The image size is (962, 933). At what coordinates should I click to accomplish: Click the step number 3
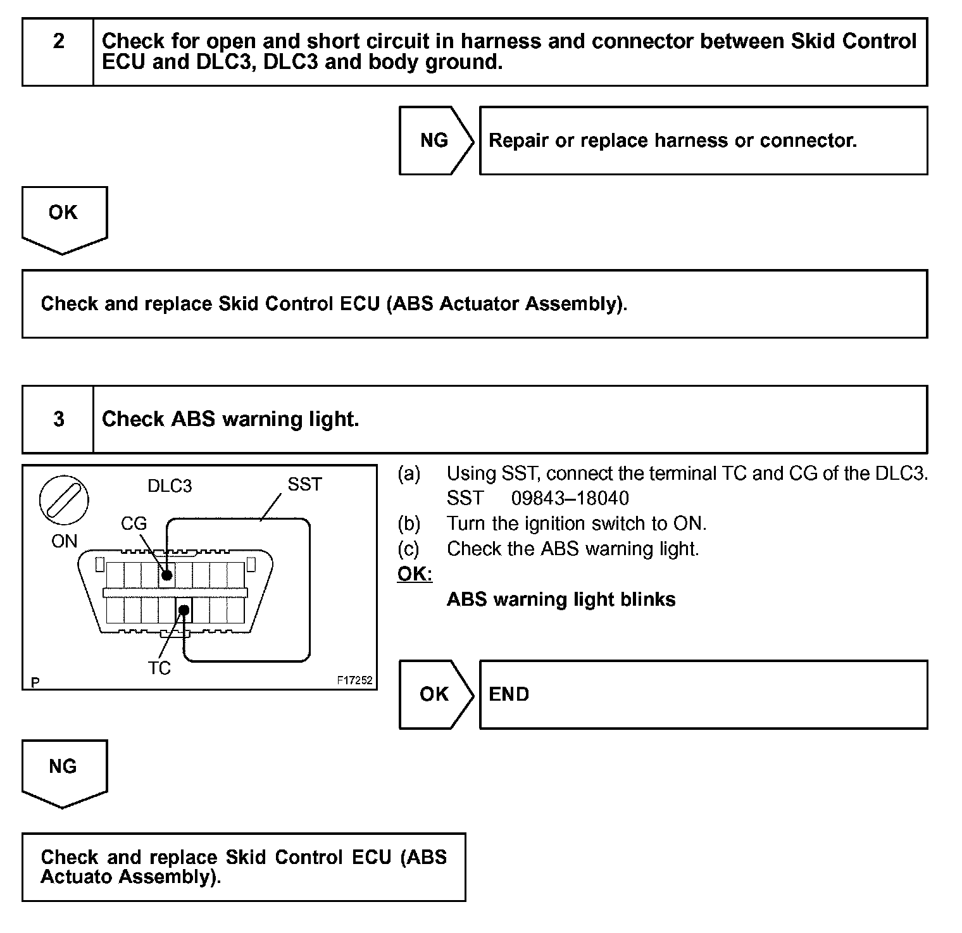(x=58, y=419)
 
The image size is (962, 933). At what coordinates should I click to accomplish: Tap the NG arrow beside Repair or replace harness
(x=435, y=141)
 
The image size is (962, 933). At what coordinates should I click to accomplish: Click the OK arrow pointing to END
(x=435, y=694)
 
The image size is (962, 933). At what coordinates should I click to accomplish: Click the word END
(x=509, y=694)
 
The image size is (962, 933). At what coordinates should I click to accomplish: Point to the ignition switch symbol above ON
(x=64, y=501)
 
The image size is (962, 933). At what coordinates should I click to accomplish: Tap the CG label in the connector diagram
(x=134, y=523)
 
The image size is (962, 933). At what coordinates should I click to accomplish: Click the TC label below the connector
(x=159, y=668)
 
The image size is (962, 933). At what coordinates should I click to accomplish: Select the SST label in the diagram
(x=304, y=485)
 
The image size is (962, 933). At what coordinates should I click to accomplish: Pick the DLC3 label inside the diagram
(x=170, y=486)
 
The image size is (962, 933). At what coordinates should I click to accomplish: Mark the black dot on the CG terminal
(x=166, y=575)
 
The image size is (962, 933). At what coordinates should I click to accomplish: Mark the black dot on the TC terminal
(x=184, y=610)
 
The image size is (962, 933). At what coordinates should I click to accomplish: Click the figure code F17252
(x=354, y=681)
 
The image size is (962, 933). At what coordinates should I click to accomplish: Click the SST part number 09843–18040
(x=570, y=499)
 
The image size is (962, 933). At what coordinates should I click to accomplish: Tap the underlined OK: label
(x=415, y=574)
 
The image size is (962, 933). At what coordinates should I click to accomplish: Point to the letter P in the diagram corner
(x=35, y=682)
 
